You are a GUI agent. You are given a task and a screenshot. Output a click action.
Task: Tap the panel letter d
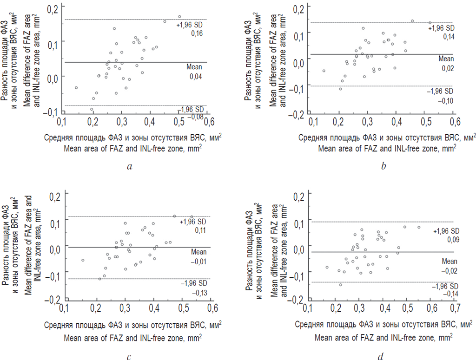[x=381, y=357]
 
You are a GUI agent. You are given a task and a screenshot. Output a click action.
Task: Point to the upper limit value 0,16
[x=192, y=33]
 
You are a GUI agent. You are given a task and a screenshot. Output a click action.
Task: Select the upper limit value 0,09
[x=446, y=240]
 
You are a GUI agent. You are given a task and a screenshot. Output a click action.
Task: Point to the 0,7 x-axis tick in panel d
[x=455, y=308]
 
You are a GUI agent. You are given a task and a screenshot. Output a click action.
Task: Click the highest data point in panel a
[x=179, y=17]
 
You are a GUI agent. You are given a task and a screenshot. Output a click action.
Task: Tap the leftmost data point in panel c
[x=83, y=260]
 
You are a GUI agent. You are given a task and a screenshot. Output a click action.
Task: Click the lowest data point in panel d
[x=340, y=285]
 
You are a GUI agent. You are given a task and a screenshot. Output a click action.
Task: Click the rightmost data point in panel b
[x=430, y=22]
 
